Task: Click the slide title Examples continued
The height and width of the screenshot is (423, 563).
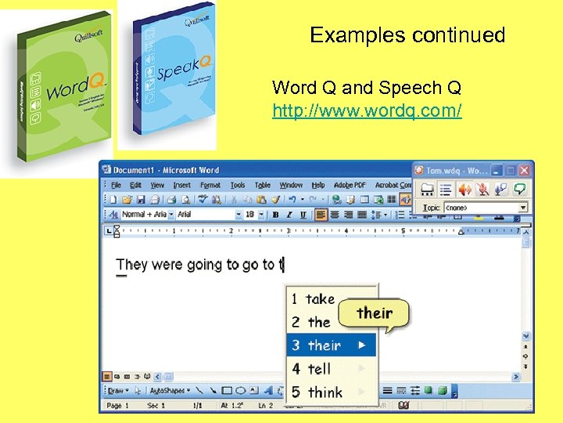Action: [407, 35]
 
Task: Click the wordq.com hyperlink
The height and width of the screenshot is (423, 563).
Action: [367, 111]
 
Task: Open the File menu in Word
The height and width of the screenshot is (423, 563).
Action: [116, 186]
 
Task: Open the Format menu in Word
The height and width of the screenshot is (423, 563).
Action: [210, 186]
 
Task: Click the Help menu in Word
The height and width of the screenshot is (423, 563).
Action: [318, 186]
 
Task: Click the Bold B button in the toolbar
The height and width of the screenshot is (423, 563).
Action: [274, 215]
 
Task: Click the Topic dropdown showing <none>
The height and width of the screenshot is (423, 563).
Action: [486, 208]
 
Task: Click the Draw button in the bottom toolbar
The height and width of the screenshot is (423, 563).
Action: [117, 390]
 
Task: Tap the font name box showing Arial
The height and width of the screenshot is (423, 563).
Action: [205, 215]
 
